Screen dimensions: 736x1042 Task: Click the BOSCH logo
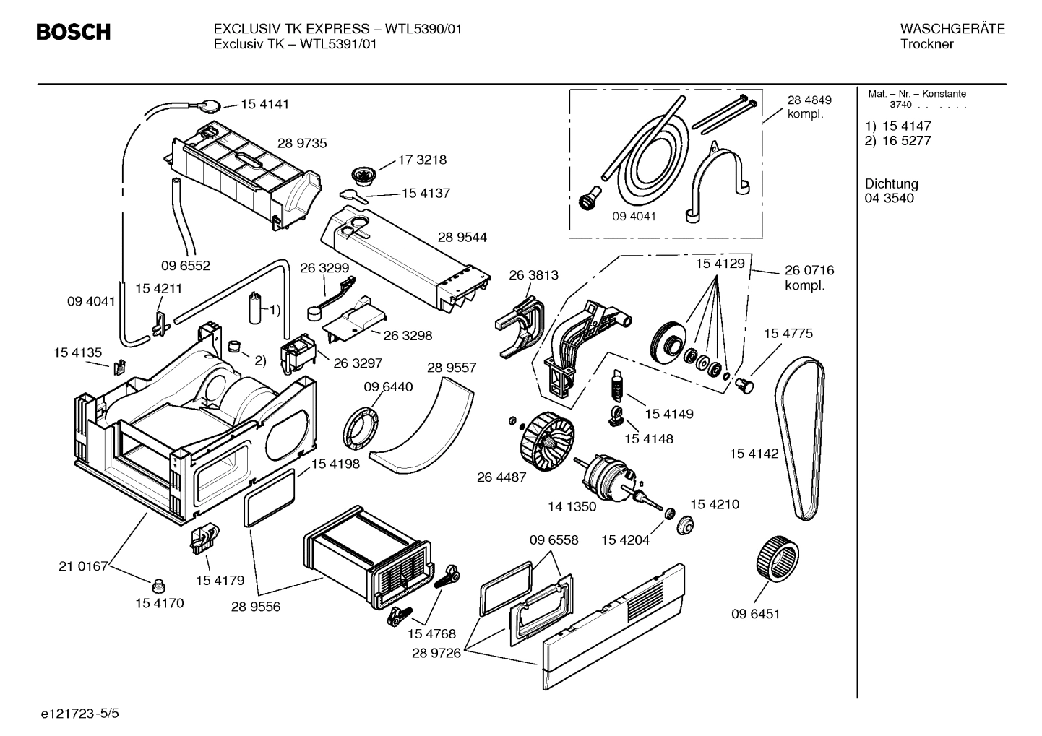pos(73,32)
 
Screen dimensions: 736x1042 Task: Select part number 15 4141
pos(264,104)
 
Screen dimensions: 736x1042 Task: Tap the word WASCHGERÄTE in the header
pos(952,29)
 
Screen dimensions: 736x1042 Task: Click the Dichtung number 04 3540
pos(889,198)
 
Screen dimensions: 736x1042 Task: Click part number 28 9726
pos(436,653)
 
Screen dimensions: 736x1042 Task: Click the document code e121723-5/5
pos(79,714)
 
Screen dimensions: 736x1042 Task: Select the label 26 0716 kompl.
pos(809,277)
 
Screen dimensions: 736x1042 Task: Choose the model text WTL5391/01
pos(338,44)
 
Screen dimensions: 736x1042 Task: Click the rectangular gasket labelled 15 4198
pos(270,497)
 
